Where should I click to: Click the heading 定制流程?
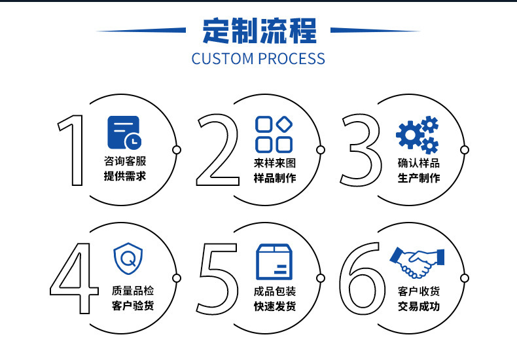pyautogui.click(x=258, y=31)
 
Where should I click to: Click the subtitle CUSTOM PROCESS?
pyautogui.click(x=258, y=58)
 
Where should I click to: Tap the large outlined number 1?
pyautogui.click(x=73, y=149)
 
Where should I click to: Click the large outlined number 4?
pyautogui.click(x=73, y=277)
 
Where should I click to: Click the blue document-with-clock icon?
pyautogui.click(x=124, y=132)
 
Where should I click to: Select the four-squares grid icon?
pyautogui.click(x=274, y=134)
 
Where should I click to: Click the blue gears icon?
pyautogui.click(x=418, y=134)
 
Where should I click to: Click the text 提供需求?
pyautogui.click(x=124, y=177)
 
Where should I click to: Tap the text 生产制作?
pyautogui.click(x=418, y=178)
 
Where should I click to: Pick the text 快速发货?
pyautogui.click(x=274, y=306)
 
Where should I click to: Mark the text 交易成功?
pyautogui.click(x=418, y=306)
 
